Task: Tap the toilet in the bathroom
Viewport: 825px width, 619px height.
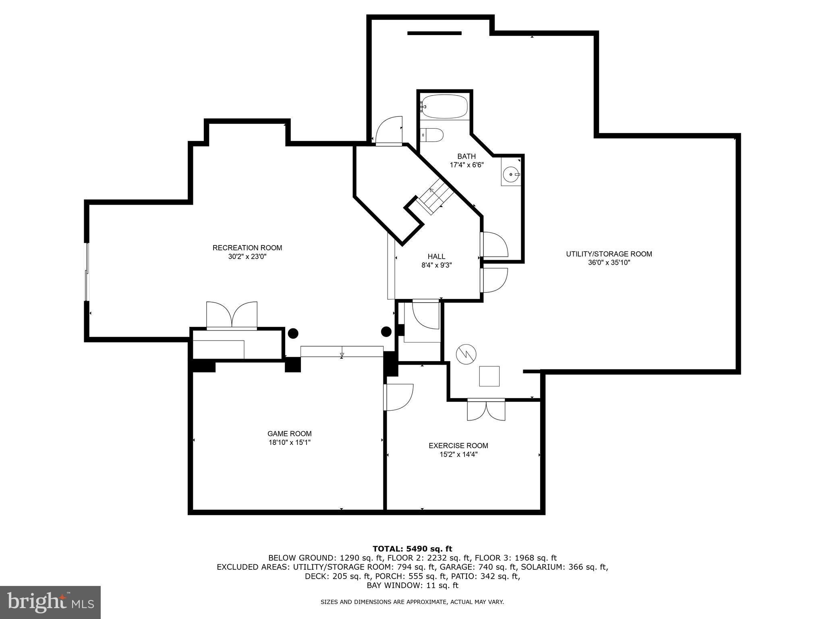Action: click(x=432, y=135)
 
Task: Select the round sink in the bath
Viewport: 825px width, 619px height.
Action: click(x=511, y=174)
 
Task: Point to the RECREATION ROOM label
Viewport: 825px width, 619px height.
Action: click(x=247, y=248)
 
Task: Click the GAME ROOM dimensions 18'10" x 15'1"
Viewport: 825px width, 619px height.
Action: click(x=289, y=442)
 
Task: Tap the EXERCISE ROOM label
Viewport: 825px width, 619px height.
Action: click(x=458, y=446)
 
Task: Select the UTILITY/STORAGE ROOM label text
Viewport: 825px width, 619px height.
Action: click(x=609, y=254)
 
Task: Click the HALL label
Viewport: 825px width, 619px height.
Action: click(x=436, y=256)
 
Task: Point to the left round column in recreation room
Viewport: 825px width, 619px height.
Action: click(x=293, y=333)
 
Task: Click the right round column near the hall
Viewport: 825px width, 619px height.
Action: click(x=386, y=332)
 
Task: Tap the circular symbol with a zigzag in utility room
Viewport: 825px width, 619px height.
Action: click(x=466, y=355)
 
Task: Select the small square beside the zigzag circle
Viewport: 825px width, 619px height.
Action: click(x=489, y=376)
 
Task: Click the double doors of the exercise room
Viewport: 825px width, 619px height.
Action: click(x=486, y=410)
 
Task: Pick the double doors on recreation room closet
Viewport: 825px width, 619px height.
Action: click(x=232, y=316)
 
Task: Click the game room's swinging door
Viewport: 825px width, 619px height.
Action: click(x=398, y=397)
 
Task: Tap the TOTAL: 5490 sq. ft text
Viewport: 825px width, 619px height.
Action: click(x=412, y=548)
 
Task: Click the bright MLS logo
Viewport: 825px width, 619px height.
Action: click(x=50, y=602)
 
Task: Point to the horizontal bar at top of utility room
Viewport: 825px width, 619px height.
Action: click(x=434, y=33)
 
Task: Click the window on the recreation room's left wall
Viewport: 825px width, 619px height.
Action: click(x=86, y=272)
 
